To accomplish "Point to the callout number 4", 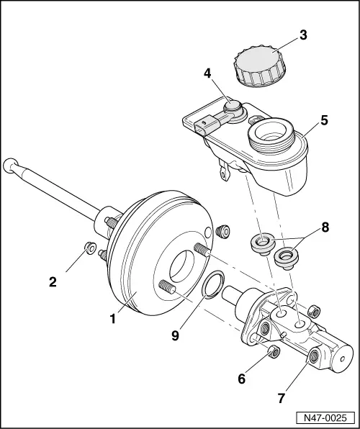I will point(207,73).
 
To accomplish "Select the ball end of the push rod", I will point(10,165).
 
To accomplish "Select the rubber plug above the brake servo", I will point(222,232).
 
